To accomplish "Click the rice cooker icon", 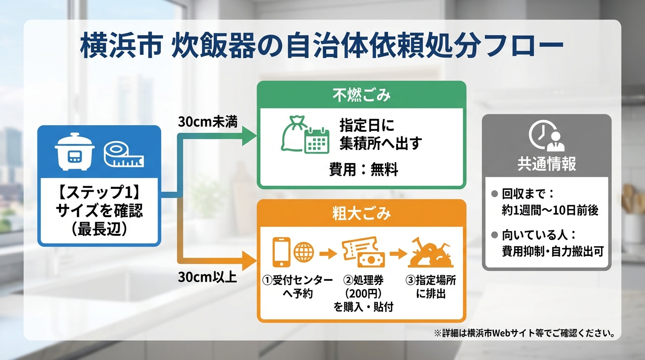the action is [75, 151].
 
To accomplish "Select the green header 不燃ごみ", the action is [361, 95].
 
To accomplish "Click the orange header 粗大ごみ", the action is [361, 213].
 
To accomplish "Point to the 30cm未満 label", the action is [208, 122].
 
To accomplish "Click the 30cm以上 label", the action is [207, 277].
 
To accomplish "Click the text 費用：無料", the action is [364, 169].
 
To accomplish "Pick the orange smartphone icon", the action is [281, 252].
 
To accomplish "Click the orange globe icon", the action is [304, 252].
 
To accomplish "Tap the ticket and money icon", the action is [363, 252].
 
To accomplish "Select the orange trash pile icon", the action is [431, 253].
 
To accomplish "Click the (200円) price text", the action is [363, 294].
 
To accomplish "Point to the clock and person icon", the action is [547, 135].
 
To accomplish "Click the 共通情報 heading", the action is [547, 164].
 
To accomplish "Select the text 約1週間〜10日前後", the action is [550, 210].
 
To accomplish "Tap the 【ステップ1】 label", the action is [99, 192].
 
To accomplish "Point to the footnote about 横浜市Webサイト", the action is [524, 333].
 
